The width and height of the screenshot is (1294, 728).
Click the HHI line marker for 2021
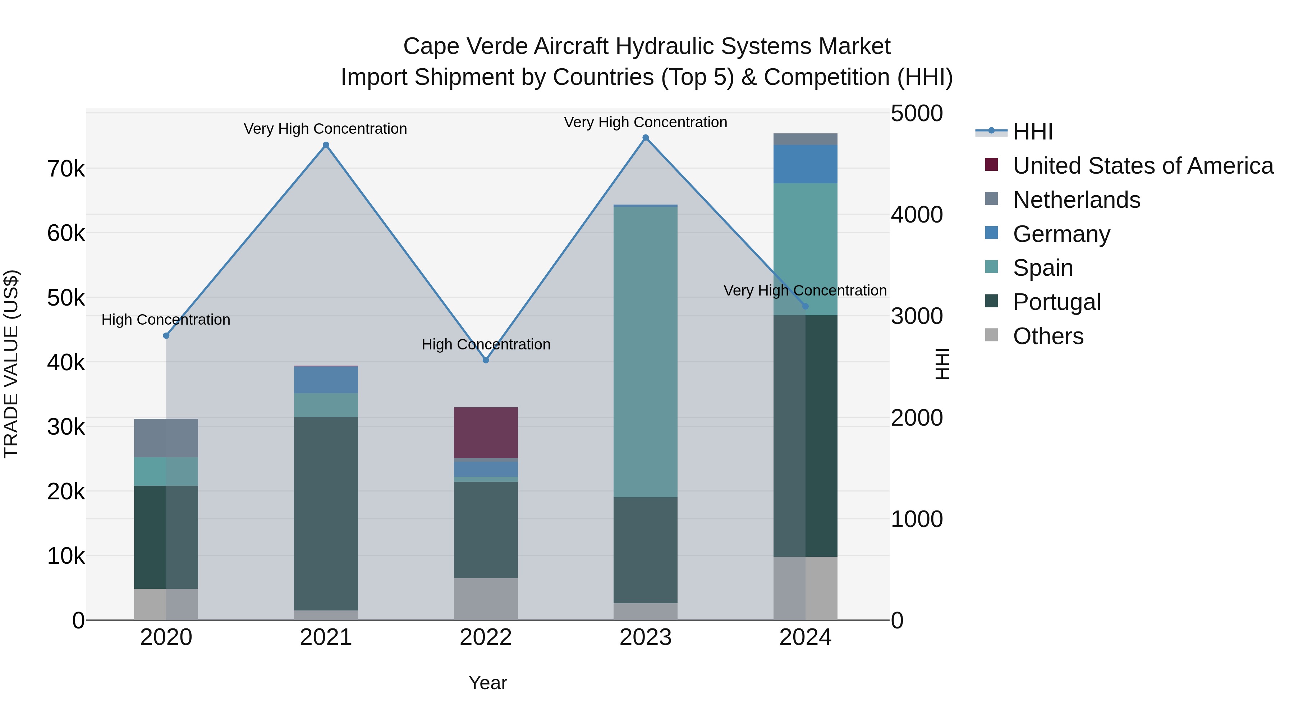[326, 145]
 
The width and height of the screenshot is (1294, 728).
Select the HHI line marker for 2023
[646, 138]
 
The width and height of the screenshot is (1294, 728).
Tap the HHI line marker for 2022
[486, 360]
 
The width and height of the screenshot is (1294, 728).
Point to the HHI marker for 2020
[166, 336]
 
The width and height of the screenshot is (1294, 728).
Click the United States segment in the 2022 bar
[486, 432]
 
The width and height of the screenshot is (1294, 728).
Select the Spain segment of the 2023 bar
[646, 352]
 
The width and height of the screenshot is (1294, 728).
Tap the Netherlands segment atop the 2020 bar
[166, 438]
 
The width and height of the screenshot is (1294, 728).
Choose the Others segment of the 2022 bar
[486, 599]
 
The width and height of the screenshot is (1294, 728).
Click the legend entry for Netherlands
[1077, 200]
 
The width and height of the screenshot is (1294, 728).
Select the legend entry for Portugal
[1056, 302]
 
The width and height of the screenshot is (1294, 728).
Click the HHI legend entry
[1032, 132]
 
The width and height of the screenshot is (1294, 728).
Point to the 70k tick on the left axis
[66, 169]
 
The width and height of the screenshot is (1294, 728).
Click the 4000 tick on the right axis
[917, 215]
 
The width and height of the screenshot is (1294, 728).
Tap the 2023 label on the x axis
[646, 637]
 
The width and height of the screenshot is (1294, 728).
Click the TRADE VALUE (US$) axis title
[11, 364]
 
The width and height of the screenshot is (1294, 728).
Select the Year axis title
[488, 683]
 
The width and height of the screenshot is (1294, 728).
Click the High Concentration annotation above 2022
[486, 345]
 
